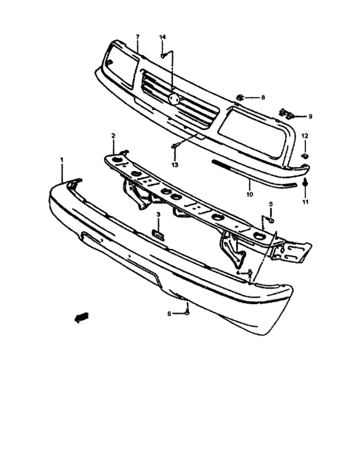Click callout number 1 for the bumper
coord(62,159)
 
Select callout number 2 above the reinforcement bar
coord(113,136)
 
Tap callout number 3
coord(158,215)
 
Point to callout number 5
coord(271,204)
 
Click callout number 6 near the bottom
coord(169,314)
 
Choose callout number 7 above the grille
coord(138,37)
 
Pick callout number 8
coord(263,98)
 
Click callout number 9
coord(310,116)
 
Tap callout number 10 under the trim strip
coord(250,194)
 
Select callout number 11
coord(305,202)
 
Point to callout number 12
coord(305,136)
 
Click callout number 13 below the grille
coord(175,165)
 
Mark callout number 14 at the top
coord(163,37)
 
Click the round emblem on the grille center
coord(174,99)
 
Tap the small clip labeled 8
coord(240,98)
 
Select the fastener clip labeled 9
coord(287,114)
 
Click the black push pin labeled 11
coord(305,182)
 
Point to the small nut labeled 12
coord(305,156)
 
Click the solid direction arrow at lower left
coord(82,317)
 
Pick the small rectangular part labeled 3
coord(158,235)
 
